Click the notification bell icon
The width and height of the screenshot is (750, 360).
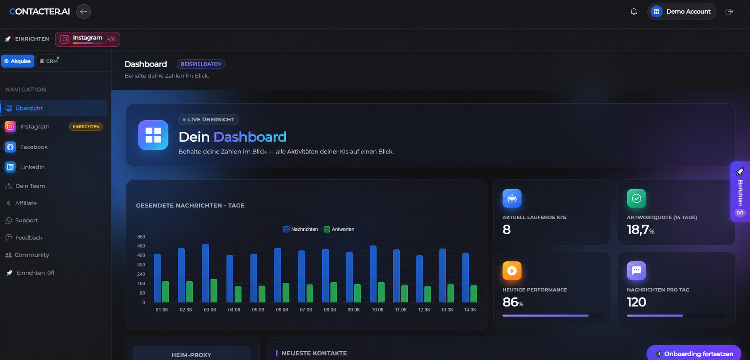click(634, 12)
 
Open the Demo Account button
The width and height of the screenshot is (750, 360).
click(682, 12)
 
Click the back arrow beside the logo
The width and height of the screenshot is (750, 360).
click(83, 12)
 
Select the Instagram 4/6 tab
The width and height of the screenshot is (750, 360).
click(87, 39)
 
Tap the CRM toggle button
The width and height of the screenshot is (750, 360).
click(49, 61)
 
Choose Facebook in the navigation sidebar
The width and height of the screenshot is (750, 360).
click(34, 147)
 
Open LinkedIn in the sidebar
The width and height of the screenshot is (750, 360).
click(32, 167)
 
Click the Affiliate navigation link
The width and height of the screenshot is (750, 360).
click(26, 203)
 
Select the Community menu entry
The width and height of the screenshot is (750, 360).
click(31, 255)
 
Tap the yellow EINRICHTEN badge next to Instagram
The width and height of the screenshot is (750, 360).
click(86, 127)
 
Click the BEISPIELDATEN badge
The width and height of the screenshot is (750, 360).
click(201, 64)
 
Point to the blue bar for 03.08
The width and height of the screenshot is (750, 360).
click(206, 273)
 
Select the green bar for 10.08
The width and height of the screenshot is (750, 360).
click(381, 292)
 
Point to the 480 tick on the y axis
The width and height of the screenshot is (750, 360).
click(141, 246)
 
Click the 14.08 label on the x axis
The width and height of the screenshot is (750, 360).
click(470, 310)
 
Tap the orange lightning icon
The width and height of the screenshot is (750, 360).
click(512, 271)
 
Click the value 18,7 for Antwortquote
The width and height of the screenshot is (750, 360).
click(638, 230)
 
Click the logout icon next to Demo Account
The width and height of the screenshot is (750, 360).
click(729, 12)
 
